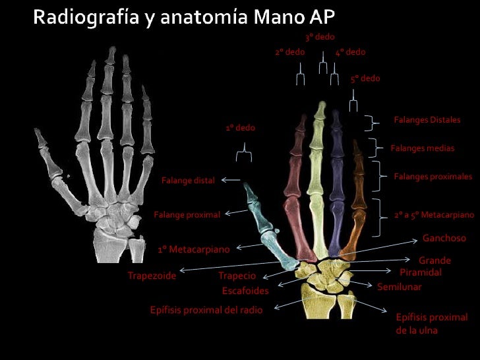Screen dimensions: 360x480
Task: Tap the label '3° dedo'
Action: click(320, 37)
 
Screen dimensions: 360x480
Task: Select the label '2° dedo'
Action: click(289, 52)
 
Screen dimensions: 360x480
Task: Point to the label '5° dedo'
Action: click(365, 78)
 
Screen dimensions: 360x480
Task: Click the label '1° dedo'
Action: click(240, 127)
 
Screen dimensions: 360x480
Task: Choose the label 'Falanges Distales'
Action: click(427, 120)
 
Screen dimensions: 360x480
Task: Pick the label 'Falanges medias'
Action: click(422, 148)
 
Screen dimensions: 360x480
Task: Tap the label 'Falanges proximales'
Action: click(433, 177)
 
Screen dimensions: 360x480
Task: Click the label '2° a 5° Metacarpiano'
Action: click(434, 215)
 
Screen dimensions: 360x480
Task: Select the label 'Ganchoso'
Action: click(444, 238)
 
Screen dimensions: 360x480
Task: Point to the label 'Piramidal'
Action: click(421, 272)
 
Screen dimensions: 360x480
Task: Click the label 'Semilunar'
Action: click(399, 287)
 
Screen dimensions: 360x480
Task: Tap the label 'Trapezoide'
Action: click(152, 276)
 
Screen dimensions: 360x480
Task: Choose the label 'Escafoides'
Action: click(245, 291)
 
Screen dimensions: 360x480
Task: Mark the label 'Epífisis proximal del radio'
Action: click(206, 310)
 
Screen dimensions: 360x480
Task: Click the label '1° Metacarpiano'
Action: click(193, 250)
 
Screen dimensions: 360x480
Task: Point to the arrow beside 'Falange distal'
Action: click(230, 179)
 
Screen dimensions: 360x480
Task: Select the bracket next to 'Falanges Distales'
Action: click(375, 122)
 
